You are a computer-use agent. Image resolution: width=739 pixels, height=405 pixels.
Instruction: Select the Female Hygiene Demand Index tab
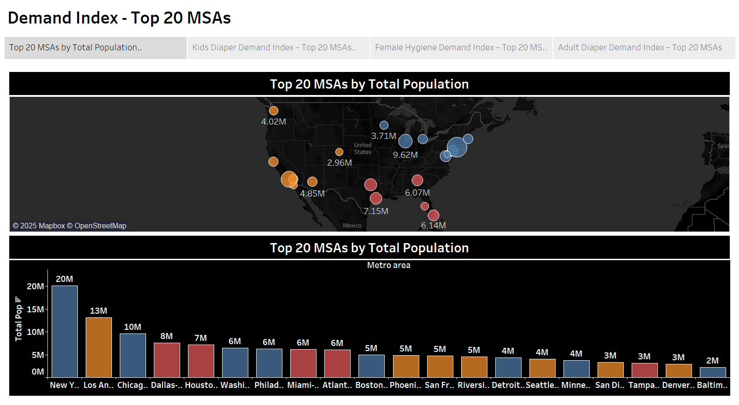[x=461, y=48]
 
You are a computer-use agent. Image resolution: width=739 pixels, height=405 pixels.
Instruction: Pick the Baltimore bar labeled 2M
[x=713, y=372]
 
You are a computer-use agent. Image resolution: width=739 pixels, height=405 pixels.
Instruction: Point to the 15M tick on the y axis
[x=35, y=309]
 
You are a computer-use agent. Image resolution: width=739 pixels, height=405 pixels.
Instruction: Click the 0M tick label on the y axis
[x=38, y=372]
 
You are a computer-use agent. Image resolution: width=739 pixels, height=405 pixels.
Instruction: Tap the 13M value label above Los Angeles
[x=99, y=311]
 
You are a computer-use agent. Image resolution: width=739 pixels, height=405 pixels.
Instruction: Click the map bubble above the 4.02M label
[x=274, y=111]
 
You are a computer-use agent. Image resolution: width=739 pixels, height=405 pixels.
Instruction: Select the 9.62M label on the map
[x=405, y=155]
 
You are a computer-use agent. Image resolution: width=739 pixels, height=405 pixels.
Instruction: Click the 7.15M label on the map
[x=376, y=211]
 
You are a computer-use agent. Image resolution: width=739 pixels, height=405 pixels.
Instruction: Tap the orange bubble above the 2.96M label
[x=339, y=152]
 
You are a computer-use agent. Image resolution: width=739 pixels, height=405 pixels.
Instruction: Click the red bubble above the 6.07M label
[x=417, y=180]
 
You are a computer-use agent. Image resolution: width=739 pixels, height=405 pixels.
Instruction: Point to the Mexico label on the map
[x=352, y=226]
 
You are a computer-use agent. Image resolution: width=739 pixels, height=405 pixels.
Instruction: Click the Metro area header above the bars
[x=388, y=265]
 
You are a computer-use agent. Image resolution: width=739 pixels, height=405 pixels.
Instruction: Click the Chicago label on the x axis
[x=133, y=385]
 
